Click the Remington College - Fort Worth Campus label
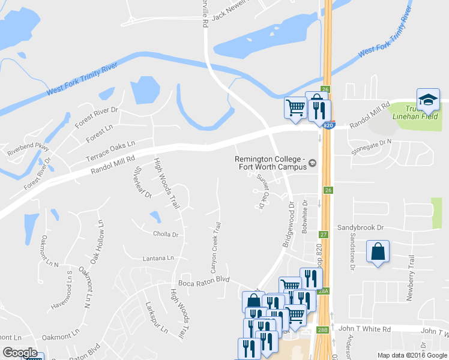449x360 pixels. click(x=271, y=163)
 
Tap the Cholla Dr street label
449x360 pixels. click(x=166, y=234)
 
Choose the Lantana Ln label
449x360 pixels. click(x=158, y=258)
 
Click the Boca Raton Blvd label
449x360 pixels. click(x=204, y=280)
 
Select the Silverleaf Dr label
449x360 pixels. click(x=143, y=181)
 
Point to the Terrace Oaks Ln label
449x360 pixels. click(x=110, y=151)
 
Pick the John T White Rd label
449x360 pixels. click(x=364, y=329)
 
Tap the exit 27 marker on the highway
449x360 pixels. click(x=324, y=235)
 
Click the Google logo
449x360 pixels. click(x=20, y=353)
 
